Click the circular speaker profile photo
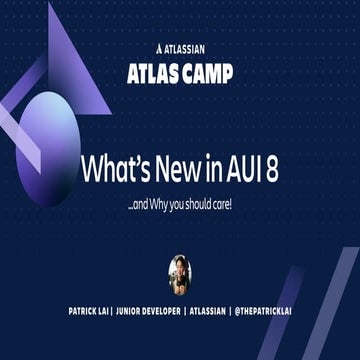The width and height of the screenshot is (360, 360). point(180,273)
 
